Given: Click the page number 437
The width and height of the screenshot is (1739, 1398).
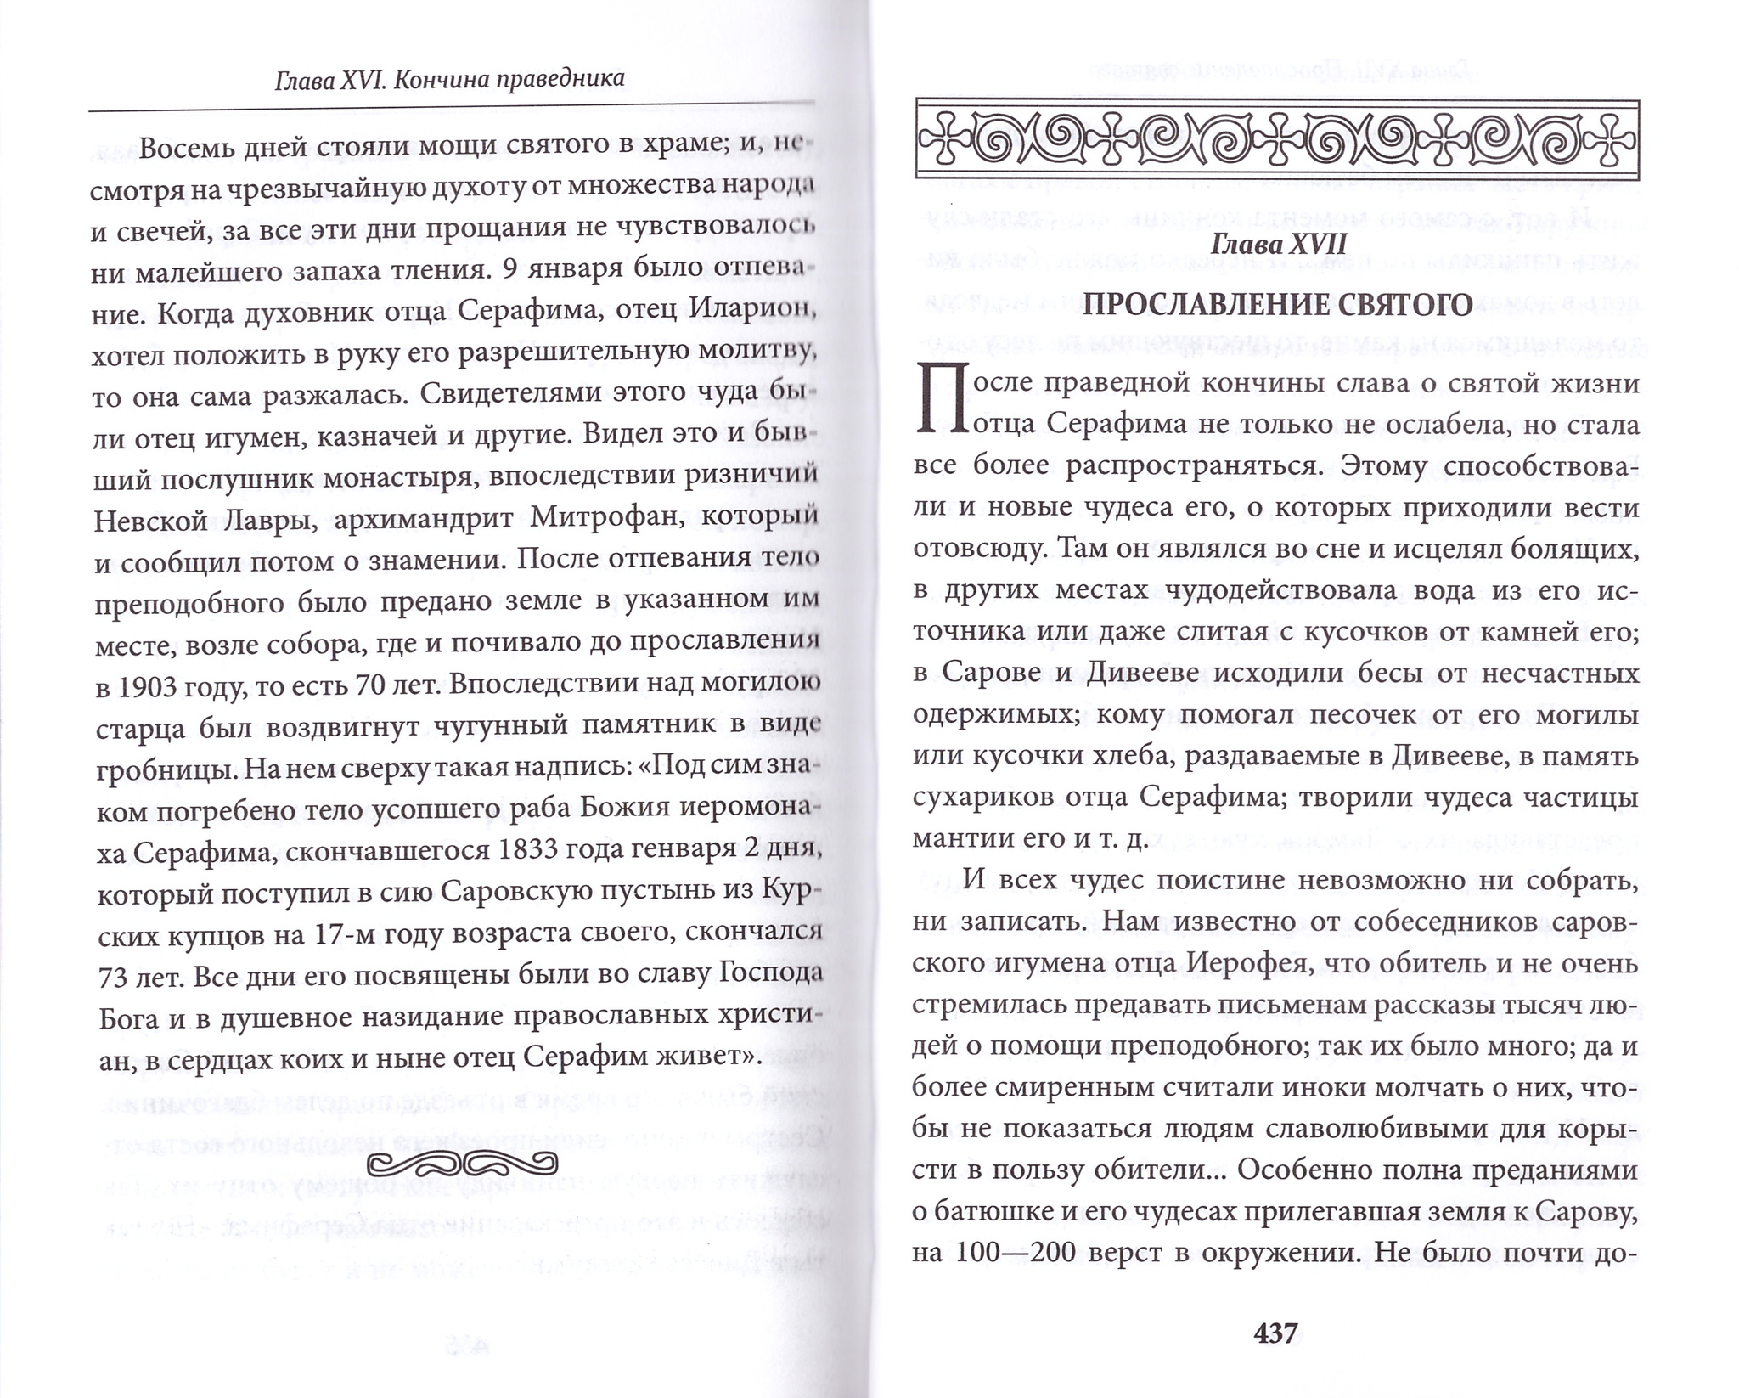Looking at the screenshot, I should click(x=1276, y=1332).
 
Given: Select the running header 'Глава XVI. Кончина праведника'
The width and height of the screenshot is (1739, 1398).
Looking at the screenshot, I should click(x=450, y=80).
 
